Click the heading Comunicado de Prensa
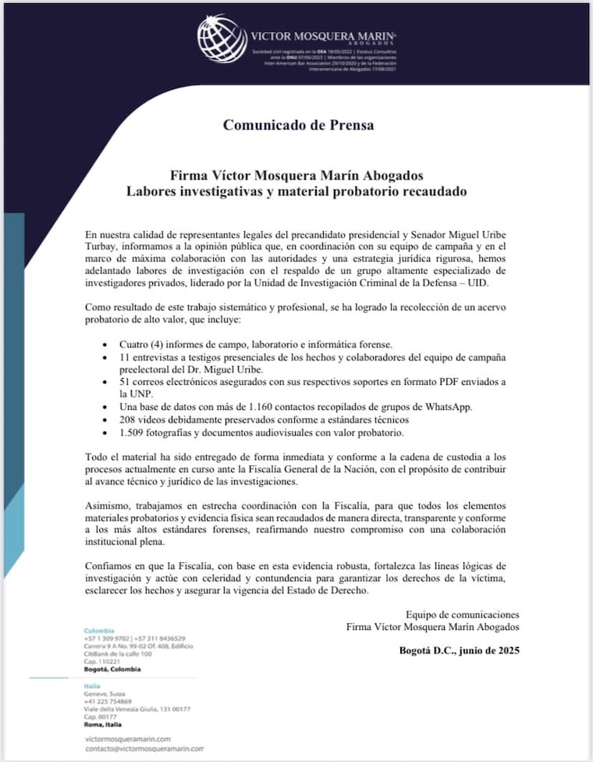pos(299,124)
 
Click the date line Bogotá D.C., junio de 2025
pos(459,650)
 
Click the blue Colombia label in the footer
pos(99,630)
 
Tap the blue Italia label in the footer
pos(93,685)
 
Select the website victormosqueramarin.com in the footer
pos(126,738)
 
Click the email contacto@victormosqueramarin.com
pos(144,748)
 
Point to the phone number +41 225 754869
pos(108,701)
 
